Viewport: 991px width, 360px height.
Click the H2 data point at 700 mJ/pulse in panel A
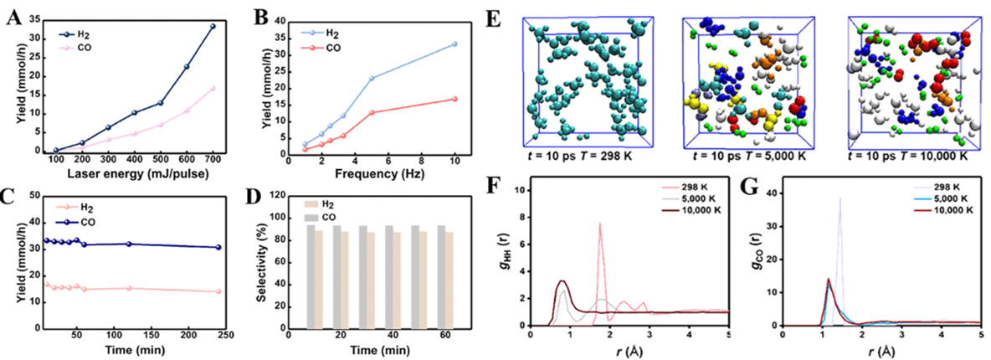(213, 26)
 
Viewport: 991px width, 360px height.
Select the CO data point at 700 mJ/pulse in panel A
(213, 88)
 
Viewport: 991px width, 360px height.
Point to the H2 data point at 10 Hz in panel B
(454, 44)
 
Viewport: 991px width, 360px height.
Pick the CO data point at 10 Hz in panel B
(454, 99)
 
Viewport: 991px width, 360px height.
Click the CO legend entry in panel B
(333, 48)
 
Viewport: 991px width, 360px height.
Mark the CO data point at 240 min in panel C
(218, 247)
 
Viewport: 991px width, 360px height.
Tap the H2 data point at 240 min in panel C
(218, 291)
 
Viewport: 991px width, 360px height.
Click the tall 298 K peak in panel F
(600, 224)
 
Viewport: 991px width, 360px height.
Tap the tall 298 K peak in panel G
(840, 198)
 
